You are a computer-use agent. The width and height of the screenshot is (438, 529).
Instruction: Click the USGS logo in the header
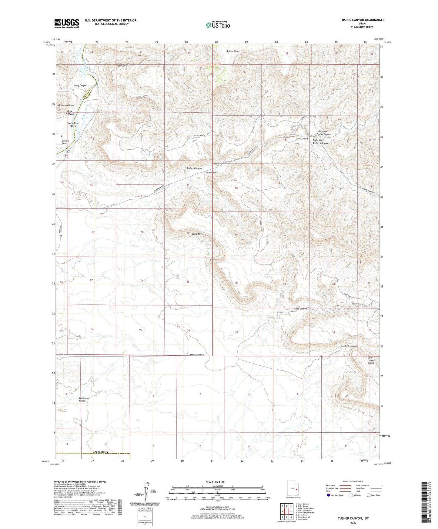click(67, 23)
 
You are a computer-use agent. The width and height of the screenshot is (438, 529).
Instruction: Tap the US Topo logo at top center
click(218, 25)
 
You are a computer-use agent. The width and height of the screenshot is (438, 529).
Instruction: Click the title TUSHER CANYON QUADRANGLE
click(362, 20)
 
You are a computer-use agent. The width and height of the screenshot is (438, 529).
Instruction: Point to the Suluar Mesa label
click(232, 51)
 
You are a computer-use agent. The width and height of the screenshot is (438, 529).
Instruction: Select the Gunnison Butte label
click(66, 105)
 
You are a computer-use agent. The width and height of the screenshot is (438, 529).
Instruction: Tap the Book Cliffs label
click(197, 234)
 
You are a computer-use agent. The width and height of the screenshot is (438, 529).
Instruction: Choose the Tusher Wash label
click(212, 172)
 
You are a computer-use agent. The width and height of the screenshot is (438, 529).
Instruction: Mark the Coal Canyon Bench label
click(371, 360)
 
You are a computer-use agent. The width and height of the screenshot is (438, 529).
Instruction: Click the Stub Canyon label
click(351, 346)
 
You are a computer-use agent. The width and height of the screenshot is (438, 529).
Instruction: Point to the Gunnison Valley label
click(84, 399)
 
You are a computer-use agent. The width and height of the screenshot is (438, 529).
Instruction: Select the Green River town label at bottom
click(100, 452)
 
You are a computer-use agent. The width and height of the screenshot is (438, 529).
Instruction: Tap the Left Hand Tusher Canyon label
click(324, 133)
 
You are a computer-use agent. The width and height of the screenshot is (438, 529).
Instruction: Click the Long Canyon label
click(81, 85)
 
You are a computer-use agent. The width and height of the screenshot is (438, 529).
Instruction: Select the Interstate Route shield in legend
click(329, 495)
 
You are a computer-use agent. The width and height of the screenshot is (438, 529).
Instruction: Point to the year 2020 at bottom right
click(353, 523)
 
